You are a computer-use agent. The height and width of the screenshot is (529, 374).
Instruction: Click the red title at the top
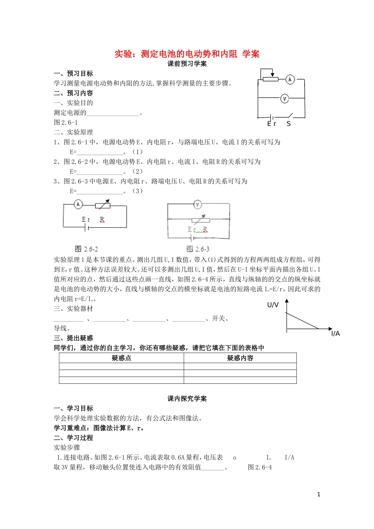(187, 54)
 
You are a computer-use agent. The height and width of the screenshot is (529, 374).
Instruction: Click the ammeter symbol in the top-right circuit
(290, 79)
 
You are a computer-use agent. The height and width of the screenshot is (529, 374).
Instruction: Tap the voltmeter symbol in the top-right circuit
(285, 98)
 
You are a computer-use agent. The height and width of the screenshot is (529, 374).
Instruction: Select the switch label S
(289, 124)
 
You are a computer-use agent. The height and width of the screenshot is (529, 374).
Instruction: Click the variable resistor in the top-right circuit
(270, 79)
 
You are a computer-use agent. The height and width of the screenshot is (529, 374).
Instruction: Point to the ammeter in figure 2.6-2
(78, 204)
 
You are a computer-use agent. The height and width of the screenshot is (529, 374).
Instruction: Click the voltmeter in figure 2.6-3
(198, 204)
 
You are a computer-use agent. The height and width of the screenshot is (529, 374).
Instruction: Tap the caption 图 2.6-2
(87, 249)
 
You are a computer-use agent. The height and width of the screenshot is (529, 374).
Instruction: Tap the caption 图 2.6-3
(198, 249)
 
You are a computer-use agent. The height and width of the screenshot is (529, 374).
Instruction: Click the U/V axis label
(273, 305)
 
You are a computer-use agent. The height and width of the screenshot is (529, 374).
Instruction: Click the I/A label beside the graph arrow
(335, 334)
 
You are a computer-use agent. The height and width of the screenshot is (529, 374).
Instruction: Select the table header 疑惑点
(121, 358)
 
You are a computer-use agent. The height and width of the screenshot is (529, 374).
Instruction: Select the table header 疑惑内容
(240, 358)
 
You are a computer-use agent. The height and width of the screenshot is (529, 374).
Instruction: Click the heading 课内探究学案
(187, 399)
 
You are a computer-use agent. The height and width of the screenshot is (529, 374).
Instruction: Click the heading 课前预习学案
(187, 64)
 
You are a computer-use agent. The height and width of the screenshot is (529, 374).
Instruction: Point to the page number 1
(319, 494)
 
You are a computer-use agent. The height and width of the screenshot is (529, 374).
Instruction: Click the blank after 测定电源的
(113, 113)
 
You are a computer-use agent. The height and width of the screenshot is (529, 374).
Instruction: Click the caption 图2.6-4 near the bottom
(260, 467)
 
